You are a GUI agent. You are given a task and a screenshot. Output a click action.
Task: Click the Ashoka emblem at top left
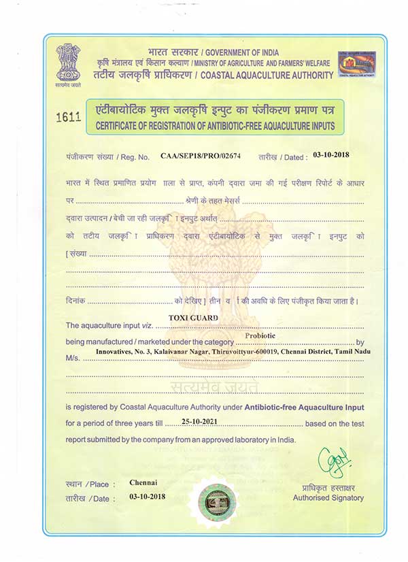point(68,63)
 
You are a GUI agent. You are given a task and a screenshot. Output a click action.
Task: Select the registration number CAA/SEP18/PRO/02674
point(201,156)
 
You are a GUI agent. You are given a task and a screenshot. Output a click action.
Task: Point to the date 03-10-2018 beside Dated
point(331,155)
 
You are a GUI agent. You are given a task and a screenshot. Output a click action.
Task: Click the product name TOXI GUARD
point(193,318)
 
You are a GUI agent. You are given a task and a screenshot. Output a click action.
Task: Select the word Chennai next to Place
point(143,482)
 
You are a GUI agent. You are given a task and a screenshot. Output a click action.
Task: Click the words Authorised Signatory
point(328,497)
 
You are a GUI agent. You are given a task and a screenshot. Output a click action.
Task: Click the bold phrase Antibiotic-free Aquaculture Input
point(304,407)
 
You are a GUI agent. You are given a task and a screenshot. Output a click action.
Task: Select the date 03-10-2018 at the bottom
point(148,497)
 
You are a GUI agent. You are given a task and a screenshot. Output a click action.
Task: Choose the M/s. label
point(73,358)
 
